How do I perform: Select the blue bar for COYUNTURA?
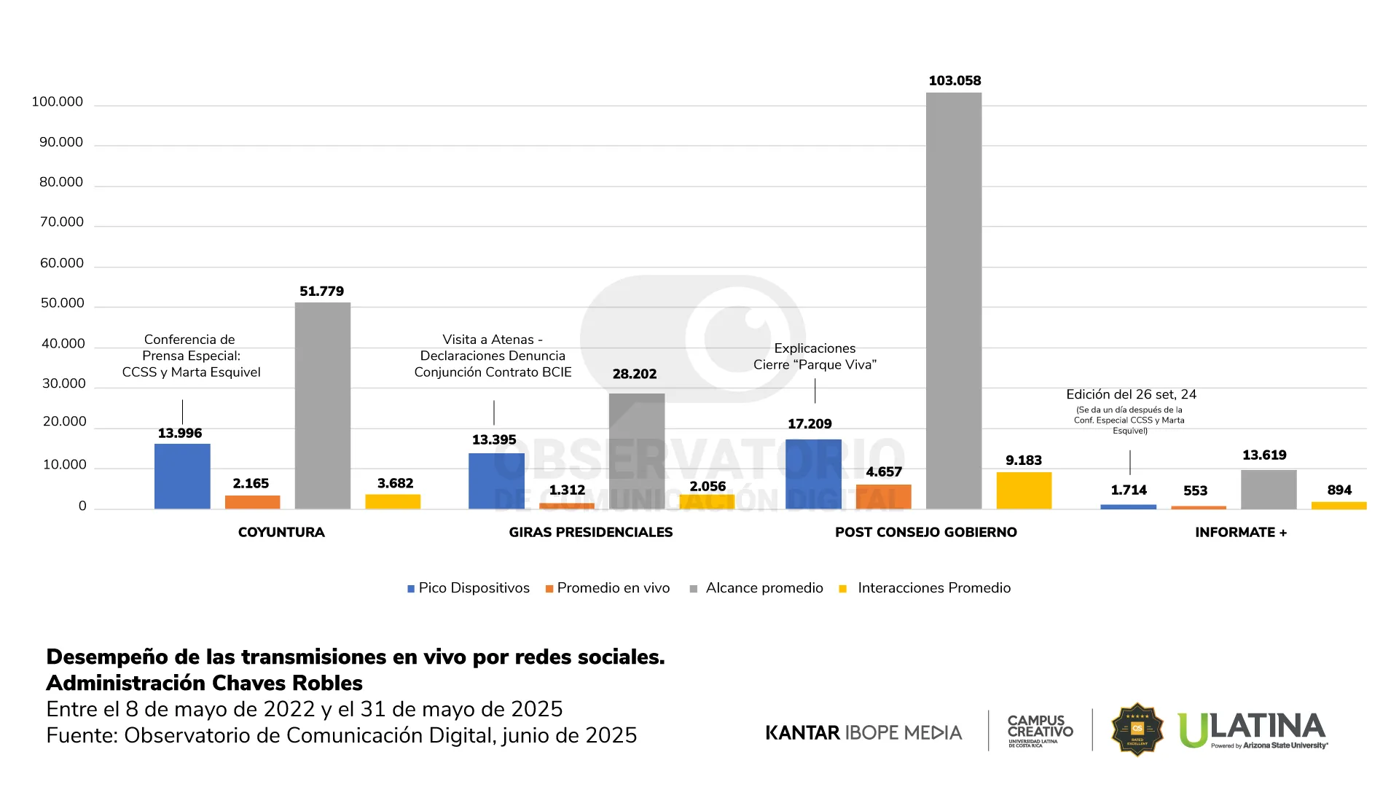pyautogui.click(x=182, y=476)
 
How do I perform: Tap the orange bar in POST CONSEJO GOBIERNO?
pyautogui.click(x=883, y=496)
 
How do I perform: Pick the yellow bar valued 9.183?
pyautogui.click(x=1024, y=490)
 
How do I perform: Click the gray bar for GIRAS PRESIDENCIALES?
pyautogui.click(x=637, y=451)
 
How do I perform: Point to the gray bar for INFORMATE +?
pyautogui.click(x=1269, y=489)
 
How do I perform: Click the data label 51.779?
pyautogui.click(x=321, y=291)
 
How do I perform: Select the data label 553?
pyautogui.click(x=1195, y=491)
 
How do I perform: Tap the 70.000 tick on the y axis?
pyautogui.click(x=62, y=222)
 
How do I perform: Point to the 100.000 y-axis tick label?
pyautogui.click(x=58, y=102)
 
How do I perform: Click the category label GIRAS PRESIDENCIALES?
pyautogui.click(x=590, y=533)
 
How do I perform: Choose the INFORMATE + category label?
pyautogui.click(x=1241, y=533)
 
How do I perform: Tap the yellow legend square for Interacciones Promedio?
pyautogui.click(x=843, y=589)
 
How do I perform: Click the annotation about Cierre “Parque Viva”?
pyautogui.click(x=815, y=356)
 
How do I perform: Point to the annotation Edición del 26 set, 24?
pyautogui.click(x=1131, y=395)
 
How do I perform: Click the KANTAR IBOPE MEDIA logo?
pyautogui.click(x=863, y=732)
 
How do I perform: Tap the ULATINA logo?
pyautogui.click(x=1253, y=729)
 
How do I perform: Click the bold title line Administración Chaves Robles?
pyautogui.click(x=204, y=684)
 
